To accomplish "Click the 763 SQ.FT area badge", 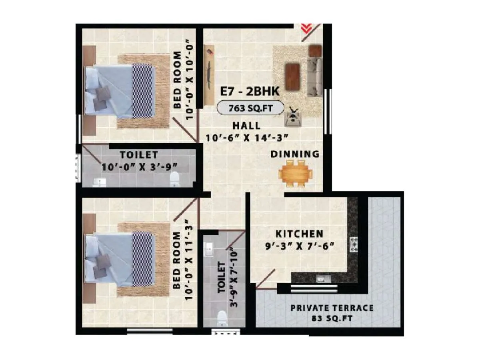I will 250,108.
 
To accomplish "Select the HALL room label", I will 248,125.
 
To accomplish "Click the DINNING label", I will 295,154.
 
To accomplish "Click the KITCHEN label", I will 299,234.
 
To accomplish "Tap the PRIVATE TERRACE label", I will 332,308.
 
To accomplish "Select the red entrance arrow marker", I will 307,28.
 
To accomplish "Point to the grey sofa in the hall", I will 315,76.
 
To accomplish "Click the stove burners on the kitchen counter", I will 354,244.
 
